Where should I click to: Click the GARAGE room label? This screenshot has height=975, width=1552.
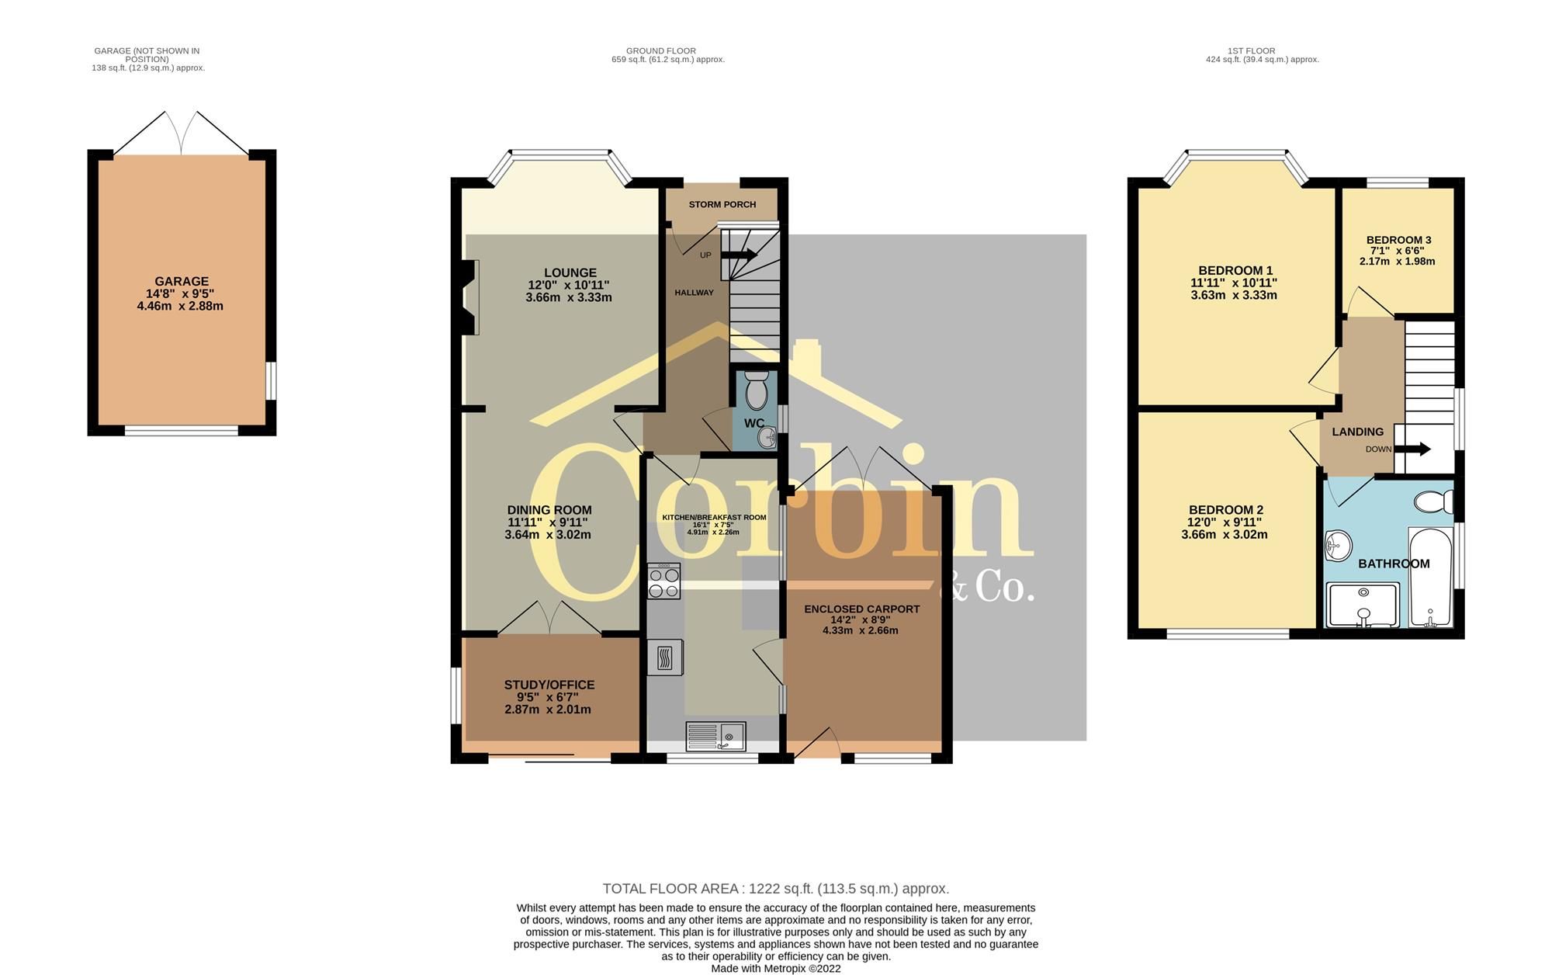(181, 282)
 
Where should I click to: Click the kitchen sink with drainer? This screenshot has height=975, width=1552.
(716, 736)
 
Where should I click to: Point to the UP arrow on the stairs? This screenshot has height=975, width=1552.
(740, 254)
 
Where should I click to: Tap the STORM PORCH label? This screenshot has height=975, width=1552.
(722, 205)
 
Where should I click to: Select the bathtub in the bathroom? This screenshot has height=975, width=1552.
(1430, 578)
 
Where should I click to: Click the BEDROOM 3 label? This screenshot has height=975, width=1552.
(1398, 240)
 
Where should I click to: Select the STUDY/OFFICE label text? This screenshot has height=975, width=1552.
(549, 685)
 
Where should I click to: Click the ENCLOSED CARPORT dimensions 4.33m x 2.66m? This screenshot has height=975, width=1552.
(861, 630)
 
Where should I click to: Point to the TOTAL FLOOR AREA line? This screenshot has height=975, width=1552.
(776, 889)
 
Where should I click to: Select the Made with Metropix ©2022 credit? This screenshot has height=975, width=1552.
(776, 969)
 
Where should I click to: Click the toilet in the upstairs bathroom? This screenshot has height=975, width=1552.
(1432, 502)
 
